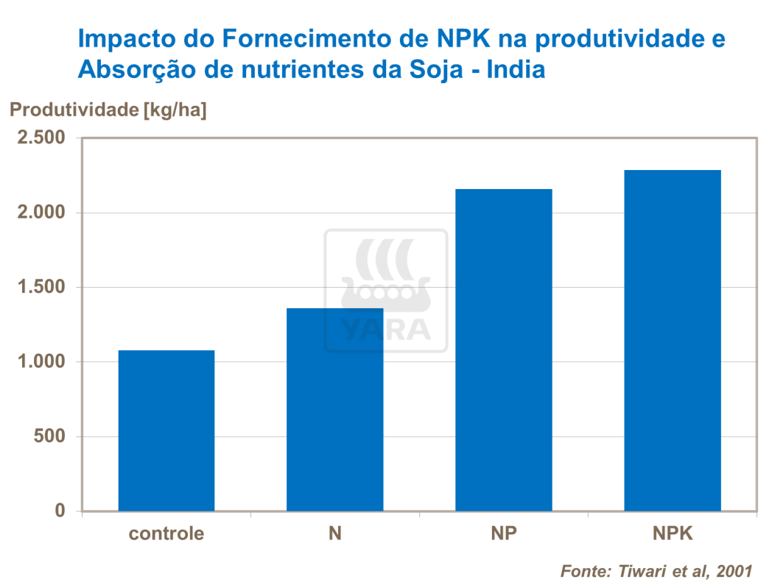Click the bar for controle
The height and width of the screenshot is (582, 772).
(x=166, y=430)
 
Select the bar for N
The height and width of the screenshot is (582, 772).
(x=335, y=409)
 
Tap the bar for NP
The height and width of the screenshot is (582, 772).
(x=504, y=350)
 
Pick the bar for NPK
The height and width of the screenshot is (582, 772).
(x=673, y=341)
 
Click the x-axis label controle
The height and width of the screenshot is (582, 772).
(x=166, y=533)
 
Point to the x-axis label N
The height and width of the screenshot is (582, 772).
(x=335, y=533)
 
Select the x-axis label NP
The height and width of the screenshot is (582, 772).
(x=504, y=533)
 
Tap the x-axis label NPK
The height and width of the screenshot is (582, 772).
(x=673, y=533)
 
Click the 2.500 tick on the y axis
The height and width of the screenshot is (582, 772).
(x=41, y=138)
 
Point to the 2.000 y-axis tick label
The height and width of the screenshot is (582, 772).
(x=41, y=213)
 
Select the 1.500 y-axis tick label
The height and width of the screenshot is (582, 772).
(x=41, y=288)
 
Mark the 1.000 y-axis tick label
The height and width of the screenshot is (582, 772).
(x=41, y=362)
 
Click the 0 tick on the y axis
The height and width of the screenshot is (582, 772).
(x=60, y=511)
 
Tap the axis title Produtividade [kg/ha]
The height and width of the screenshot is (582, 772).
(x=108, y=110)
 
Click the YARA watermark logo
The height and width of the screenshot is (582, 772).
(x=386, y=291)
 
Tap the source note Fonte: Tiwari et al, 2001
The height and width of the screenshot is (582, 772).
(x=656, y=571)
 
